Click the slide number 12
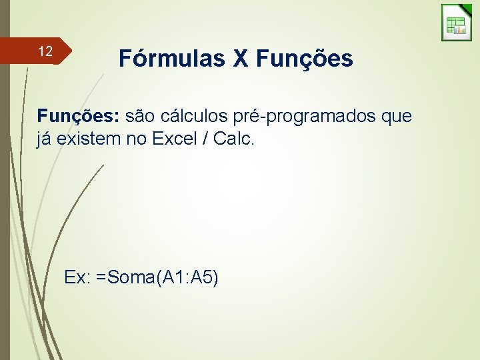[45, 51]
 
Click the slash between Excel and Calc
[209, 140]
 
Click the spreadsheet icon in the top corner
[457, 23]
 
